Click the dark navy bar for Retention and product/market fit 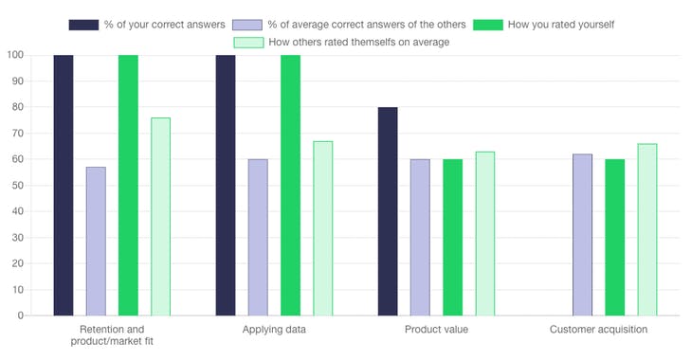64,185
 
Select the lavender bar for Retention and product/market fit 96,241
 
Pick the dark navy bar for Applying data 226,185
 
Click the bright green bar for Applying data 290,185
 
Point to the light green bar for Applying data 323,227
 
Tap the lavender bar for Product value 420,237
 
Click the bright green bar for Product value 452,237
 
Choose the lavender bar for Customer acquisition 582,234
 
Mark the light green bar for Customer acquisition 646,229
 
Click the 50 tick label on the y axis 17,186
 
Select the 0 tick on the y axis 20,315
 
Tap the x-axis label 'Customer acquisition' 598,330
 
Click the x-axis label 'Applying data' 274,330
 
